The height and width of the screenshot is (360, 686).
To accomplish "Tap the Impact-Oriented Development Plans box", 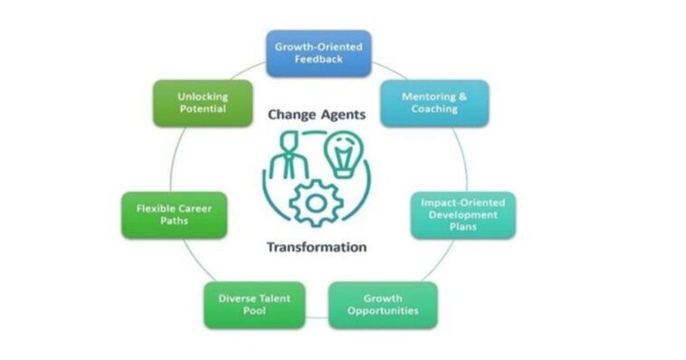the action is point(462,213).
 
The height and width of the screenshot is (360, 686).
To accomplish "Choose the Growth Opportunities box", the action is point(382,304).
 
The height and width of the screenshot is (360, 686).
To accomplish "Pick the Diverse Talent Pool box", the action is point(253,304).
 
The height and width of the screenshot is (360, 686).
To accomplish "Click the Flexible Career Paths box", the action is point(174,213).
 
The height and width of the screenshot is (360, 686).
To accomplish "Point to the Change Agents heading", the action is point(317,115).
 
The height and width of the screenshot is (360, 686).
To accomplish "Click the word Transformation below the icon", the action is point(317,246).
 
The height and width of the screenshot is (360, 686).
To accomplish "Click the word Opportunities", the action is point(382,310).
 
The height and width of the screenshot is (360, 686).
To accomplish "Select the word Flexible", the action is point(156,207).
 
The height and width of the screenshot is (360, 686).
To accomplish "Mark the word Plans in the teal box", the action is point(462,226).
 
